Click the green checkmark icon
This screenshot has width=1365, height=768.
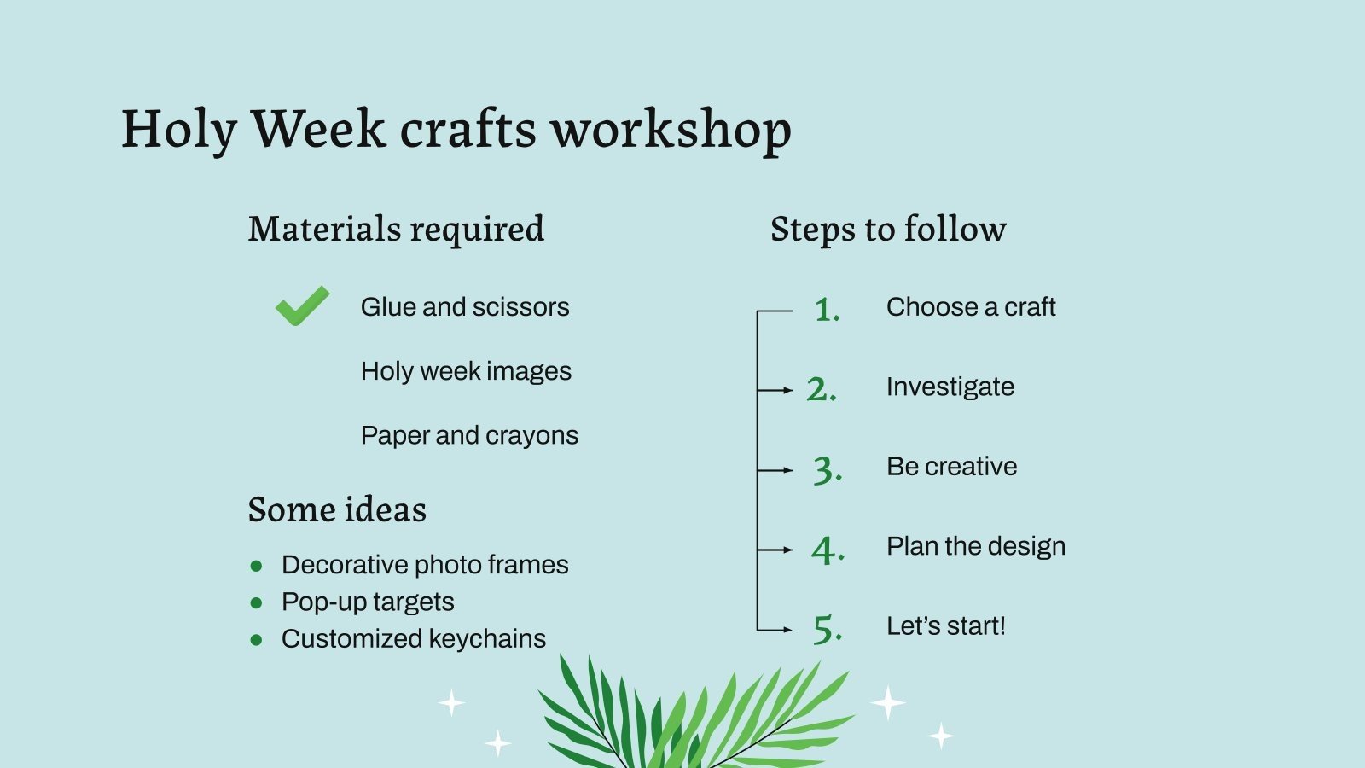click(302, 305)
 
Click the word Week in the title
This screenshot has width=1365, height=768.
click(318, 129)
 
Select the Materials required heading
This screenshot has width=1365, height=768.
click(396, 229)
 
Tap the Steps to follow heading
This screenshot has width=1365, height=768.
click(888, 229)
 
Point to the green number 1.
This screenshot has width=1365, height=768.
click(827, 310)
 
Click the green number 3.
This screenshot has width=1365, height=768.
click(827, 470)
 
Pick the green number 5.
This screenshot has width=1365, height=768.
click(827, 630)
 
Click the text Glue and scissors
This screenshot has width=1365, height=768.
click(465, 306)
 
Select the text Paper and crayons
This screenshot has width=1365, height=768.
click(469, 435)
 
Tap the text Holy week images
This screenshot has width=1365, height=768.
click(466, 371)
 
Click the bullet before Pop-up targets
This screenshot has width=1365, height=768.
click(256, 602)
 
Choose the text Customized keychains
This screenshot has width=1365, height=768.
click(414, 638)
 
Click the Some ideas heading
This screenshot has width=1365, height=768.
click(337, 509)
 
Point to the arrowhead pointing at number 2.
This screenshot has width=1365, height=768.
click(788, 390)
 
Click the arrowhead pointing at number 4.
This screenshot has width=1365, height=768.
click(788, 550)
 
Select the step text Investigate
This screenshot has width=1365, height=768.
click(950, 387)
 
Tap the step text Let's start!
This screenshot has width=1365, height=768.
click(946, 625)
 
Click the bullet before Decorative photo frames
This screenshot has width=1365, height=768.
click(256, 565)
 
